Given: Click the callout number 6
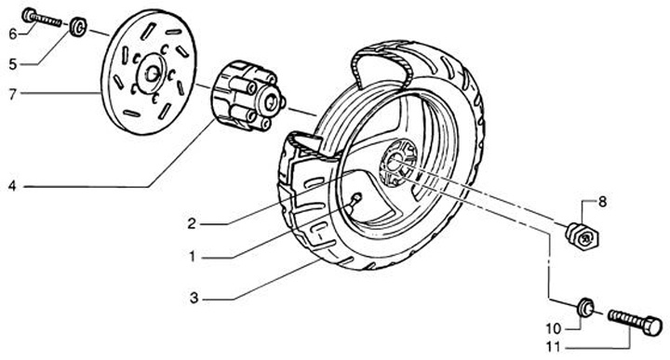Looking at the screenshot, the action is [13, 33].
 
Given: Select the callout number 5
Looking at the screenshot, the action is [13, 64].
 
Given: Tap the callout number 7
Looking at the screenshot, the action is [13, 94].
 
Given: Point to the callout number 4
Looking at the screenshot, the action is [12, 186].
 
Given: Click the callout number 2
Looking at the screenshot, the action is [192, 223].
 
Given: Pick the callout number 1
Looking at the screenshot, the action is [193, 257].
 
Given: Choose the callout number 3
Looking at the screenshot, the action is [194, 298].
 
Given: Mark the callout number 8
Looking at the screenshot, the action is [602, 202].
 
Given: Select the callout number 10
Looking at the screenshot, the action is [553, 328].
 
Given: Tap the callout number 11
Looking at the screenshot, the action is [554, 347].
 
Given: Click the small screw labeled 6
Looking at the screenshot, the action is [42, 18].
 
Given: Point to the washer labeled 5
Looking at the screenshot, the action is [78, 27].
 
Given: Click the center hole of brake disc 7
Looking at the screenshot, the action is [152, 74].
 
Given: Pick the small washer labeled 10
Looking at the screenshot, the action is [585, 308].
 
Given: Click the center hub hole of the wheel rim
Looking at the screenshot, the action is [395, 161].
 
